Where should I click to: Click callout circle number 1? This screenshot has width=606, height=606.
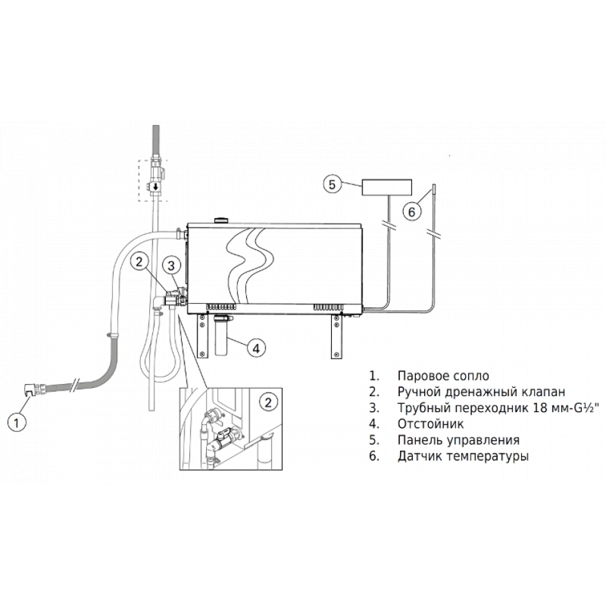click(x=17, y=423)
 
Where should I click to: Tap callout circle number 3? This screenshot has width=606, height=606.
click(x=171, y=265)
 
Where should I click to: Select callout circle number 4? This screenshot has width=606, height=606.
click(x=256, y=348)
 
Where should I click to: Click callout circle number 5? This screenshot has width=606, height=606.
click(x=333, y=184)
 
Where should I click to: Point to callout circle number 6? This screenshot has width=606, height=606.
click(x=411, y=212)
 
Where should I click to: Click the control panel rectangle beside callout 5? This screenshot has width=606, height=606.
click(x=386, y=187)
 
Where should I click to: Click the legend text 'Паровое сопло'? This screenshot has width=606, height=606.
click(x=443, y=376)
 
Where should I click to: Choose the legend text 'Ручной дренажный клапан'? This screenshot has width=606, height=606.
click(x=481, y=392)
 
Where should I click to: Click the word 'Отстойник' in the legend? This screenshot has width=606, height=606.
click(x=430, y=424)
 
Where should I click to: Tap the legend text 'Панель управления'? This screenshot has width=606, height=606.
click(x=458, y=440)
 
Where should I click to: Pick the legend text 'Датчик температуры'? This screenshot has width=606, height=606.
click(x=463, y=456)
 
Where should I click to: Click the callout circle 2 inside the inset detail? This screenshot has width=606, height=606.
click(x=269, y=402)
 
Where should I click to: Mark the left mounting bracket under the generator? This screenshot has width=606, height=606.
click(x=201, y=336)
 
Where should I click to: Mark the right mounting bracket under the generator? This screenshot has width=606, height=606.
click(x=336, y=336)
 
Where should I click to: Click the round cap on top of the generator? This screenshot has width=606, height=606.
click(x=222, y=220)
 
